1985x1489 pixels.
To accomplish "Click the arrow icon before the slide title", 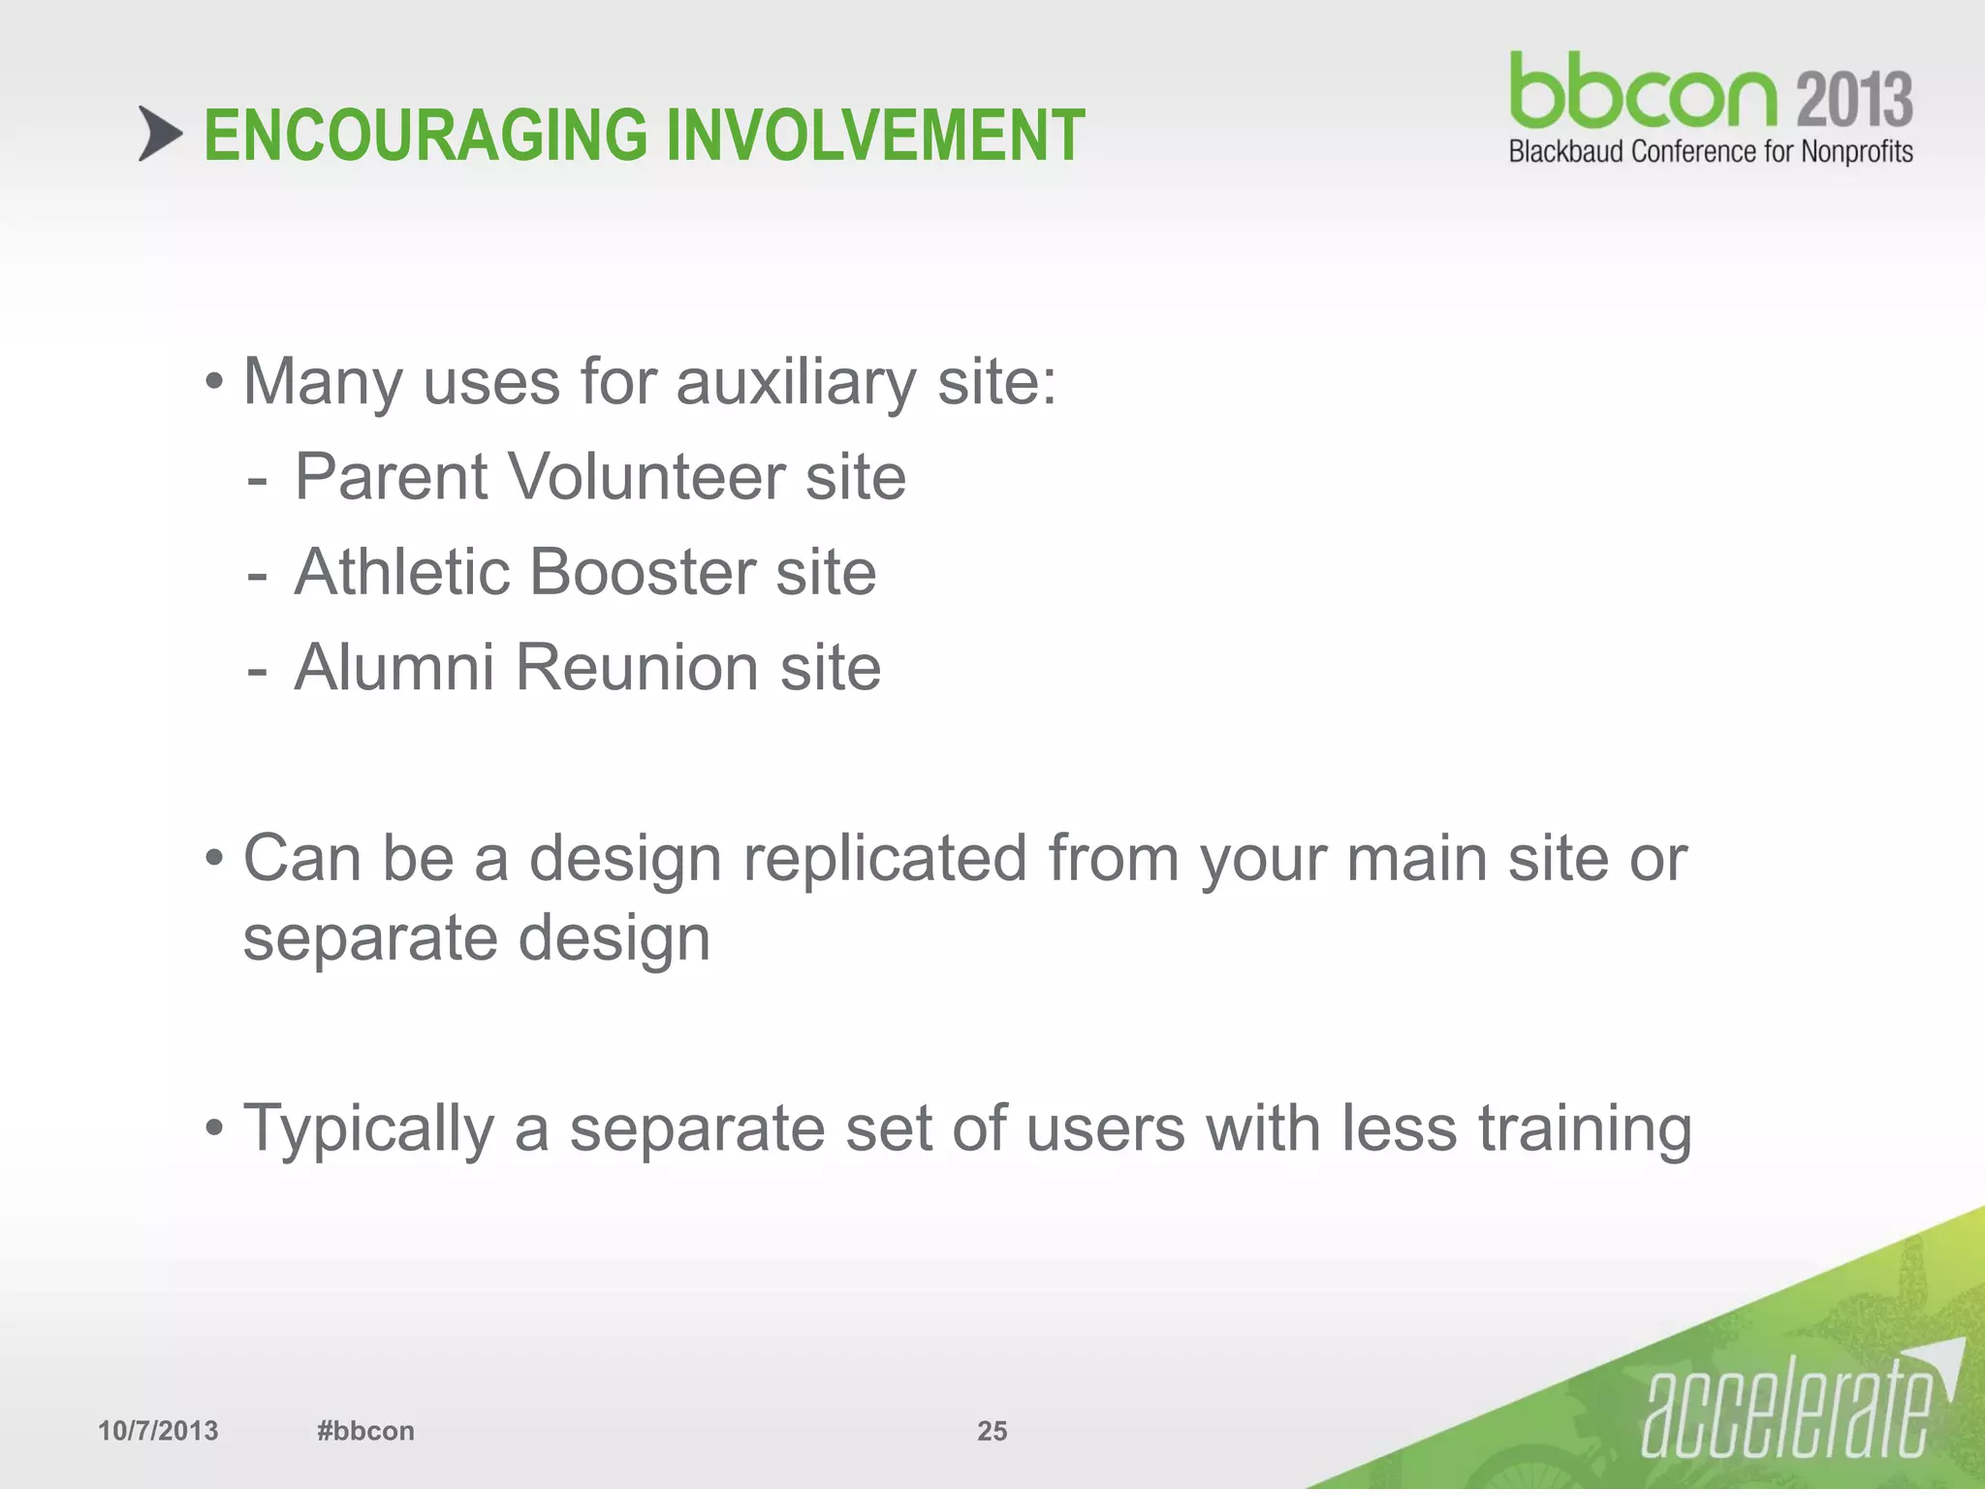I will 160,134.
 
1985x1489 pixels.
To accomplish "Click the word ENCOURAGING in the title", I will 425,136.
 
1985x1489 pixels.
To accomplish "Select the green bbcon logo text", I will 1643,92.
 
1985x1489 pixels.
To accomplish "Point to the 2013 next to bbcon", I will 1853,99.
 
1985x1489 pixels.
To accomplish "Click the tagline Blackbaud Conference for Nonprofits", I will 1710,152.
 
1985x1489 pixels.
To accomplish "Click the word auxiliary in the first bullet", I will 795,382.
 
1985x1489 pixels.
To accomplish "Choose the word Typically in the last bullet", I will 368,1129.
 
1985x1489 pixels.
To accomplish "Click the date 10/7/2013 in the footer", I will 158,1431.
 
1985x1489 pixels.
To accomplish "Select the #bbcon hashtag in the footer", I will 365,1431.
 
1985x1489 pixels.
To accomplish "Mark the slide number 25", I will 992,1431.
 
